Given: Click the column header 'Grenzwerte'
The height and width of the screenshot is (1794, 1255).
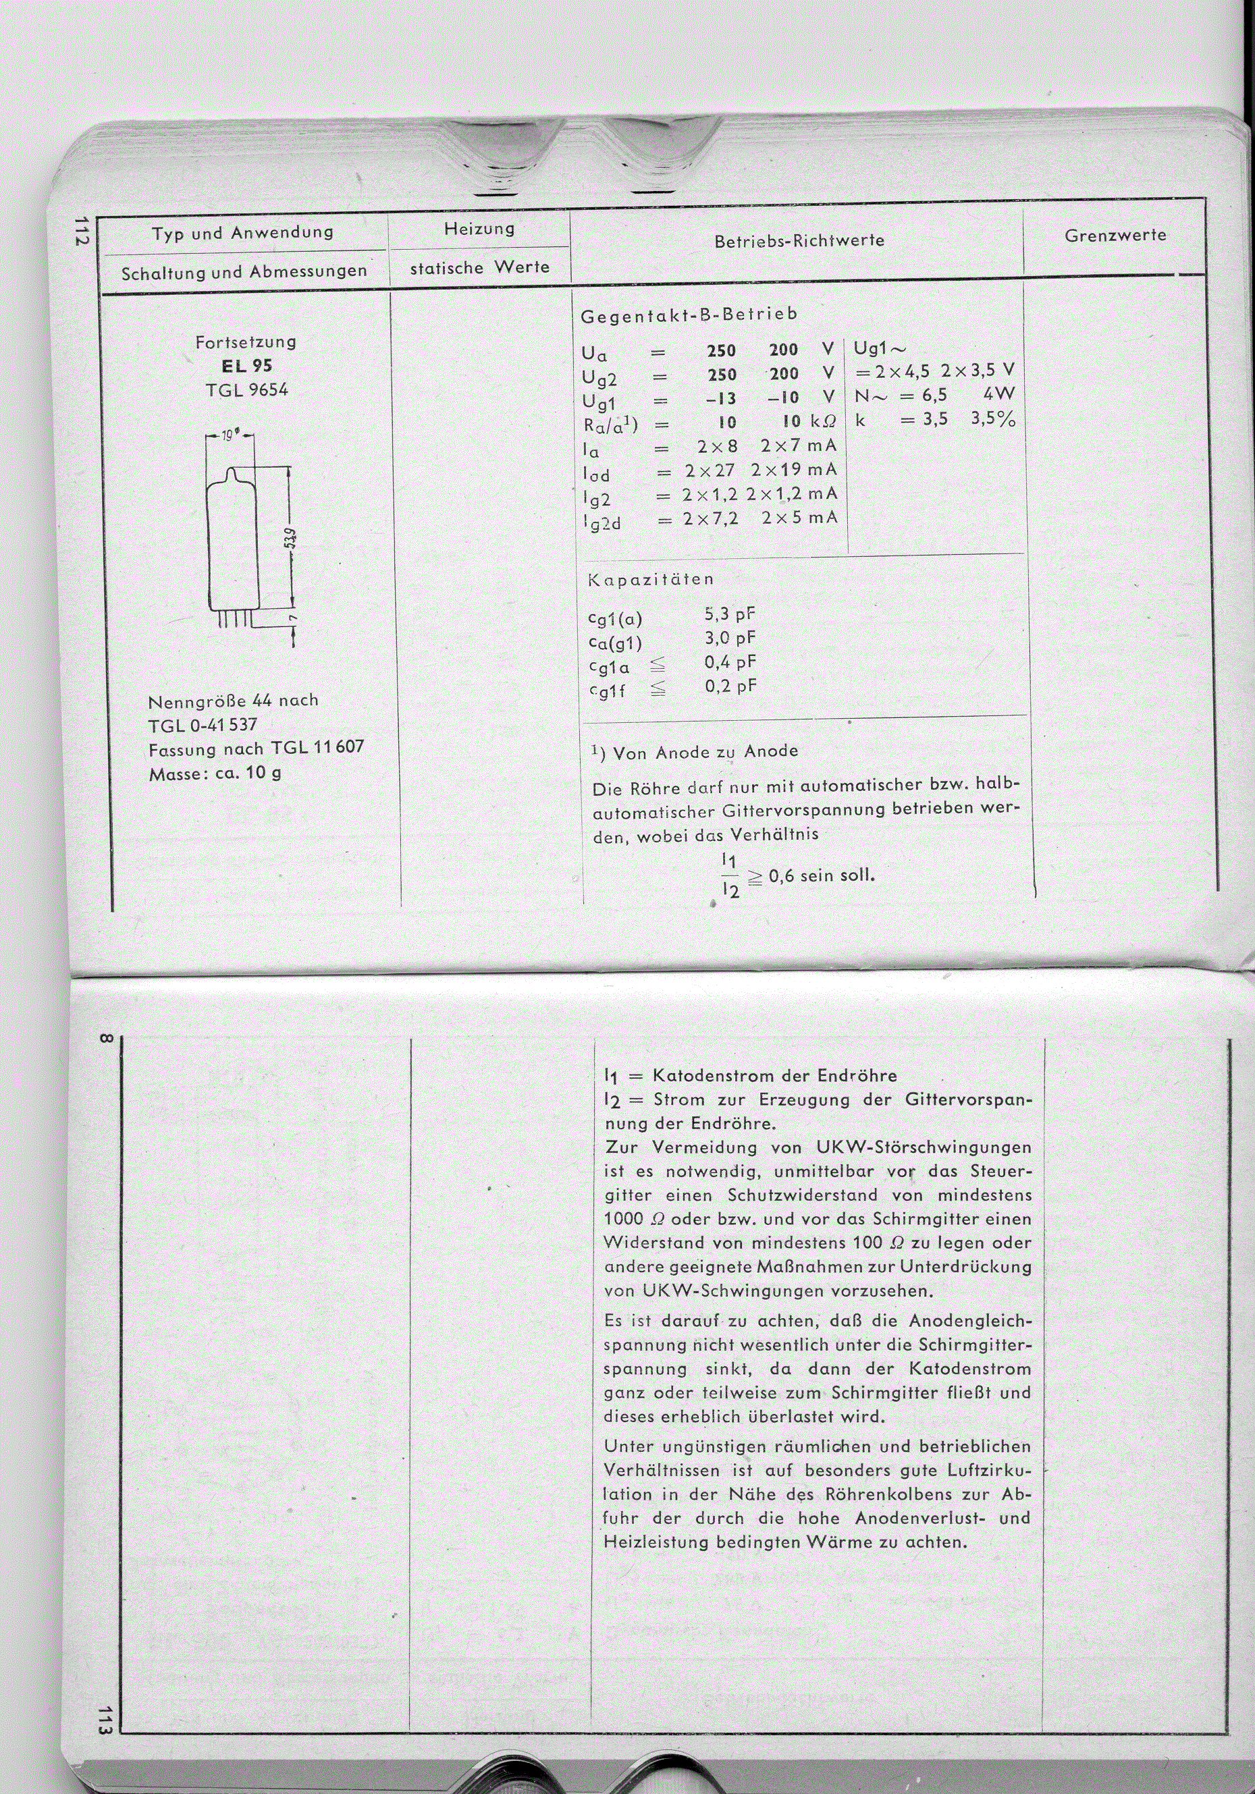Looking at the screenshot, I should coord(1115,235).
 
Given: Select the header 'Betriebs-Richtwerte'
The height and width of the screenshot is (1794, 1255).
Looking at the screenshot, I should coord(799,241).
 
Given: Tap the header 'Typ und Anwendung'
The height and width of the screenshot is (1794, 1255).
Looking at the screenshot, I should coord(243,233).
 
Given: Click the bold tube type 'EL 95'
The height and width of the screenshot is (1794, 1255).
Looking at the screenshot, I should coord(247,366).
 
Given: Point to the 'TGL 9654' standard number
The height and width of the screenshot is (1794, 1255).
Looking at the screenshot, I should coord(247,389).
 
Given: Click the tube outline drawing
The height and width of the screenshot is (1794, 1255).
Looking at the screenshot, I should coord(232,543).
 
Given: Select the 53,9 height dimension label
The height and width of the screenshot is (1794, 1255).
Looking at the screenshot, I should coord(289,539).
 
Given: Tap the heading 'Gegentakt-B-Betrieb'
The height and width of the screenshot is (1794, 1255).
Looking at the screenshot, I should coord(689,314).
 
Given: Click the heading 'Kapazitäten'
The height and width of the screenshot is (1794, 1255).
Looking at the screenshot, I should coord(651,579).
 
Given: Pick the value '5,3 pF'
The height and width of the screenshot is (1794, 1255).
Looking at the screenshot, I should coord(730,614).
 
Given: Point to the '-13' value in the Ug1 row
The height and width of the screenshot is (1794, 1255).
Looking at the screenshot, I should coord(720,398).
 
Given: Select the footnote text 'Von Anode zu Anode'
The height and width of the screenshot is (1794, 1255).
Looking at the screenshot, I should coord(705,752).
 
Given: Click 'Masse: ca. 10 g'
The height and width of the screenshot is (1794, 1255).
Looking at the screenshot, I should coord(215,773).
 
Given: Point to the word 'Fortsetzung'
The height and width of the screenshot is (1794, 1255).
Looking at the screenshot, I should coord(245,342).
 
